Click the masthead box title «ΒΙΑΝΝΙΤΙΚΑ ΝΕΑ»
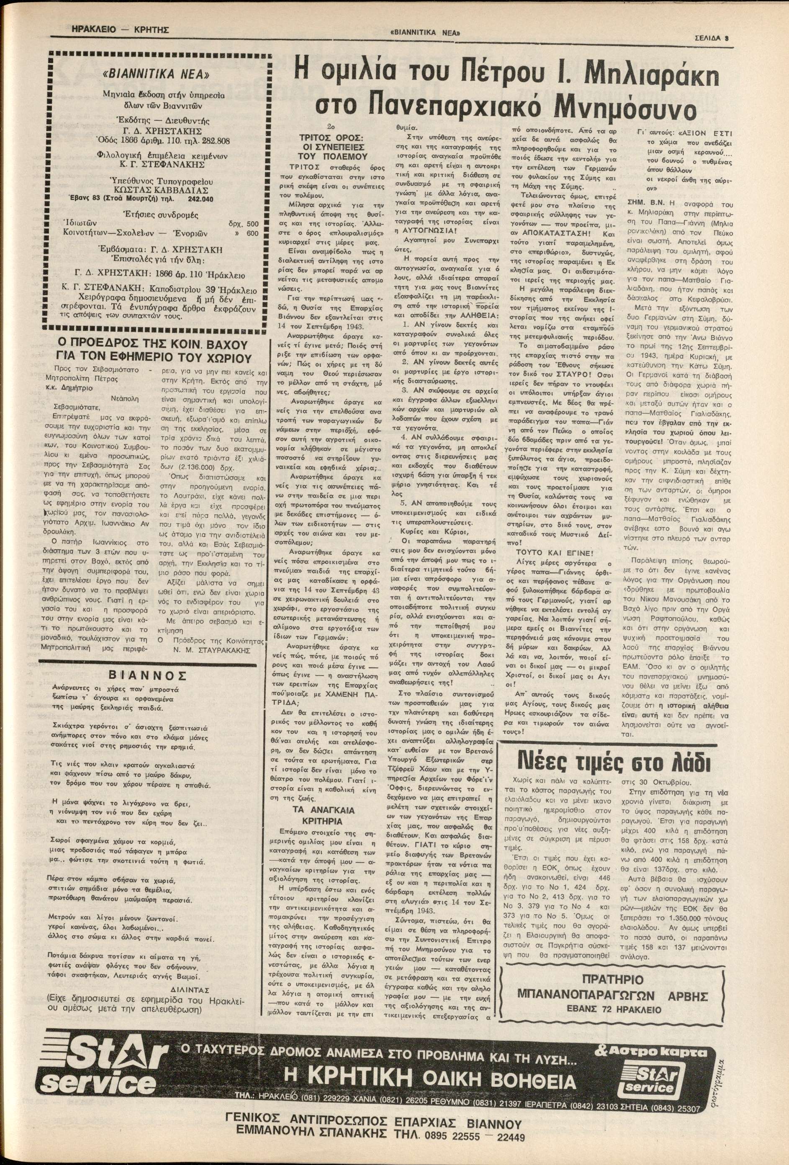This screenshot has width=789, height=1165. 156,75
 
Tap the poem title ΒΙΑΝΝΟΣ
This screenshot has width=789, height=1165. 148,674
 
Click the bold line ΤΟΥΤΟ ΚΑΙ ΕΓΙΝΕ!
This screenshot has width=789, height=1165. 554,553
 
